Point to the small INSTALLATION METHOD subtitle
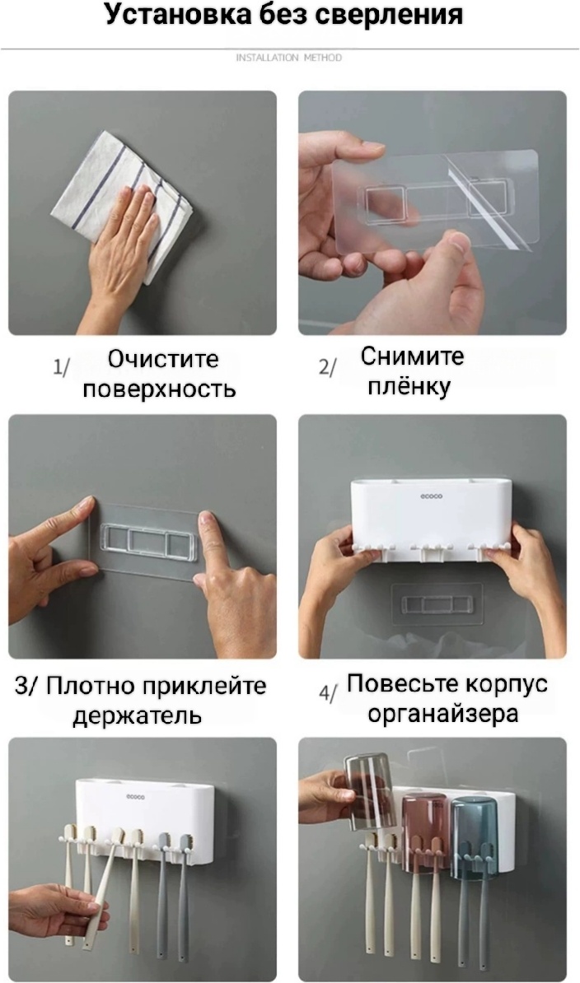(x=289, y=58)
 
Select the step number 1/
(x=61, y=366)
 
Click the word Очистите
(x=163, y=359)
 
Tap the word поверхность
(x=159, y=389)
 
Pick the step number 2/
(x=327, y=366)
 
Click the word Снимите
(x=412, y=356)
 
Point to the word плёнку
(x=409, y=386)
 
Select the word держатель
(x=138, y=716)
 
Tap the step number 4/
(x=328, y=693)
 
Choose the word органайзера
(x=443, y=714)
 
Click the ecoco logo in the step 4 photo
(x=432, y=496)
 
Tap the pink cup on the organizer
(x=424, y=832)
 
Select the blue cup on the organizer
(x=474, y=836)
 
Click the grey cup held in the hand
(x=369, y=792)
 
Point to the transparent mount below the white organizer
(x=437, y=603)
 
